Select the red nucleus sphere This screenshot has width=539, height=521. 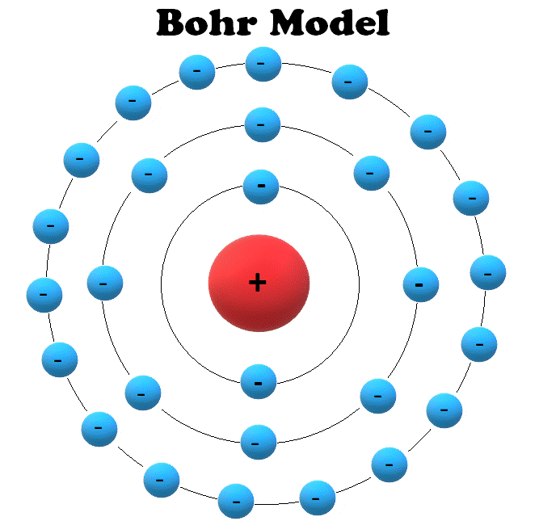click(x=259, y=282)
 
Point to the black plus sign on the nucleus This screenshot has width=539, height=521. click(x=257, y=282)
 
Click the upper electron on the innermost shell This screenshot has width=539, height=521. click(x=261, y=187)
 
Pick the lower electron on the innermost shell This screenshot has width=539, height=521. click(x=259, y=381)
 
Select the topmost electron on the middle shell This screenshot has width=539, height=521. click(x=262, y=124)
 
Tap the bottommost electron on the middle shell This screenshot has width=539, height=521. click(x=259, y=442)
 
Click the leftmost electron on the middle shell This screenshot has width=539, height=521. click(x=104, y=283)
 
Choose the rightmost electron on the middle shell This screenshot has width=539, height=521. click(x=420, y=284)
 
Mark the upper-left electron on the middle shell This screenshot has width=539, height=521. click(x=149, y=174)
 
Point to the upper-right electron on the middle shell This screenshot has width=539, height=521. click(x=371, y=173)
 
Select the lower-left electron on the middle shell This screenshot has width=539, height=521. click(x=143, y=393)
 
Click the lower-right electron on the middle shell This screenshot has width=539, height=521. click(x=377, y=396)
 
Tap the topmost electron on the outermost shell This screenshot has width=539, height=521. click(x=263, y=64)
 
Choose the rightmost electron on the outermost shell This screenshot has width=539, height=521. click(x=488, y=272)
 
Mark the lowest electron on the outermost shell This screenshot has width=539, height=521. click(x=236, y=501)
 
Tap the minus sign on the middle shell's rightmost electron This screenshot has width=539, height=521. click(x=419, y=284)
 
